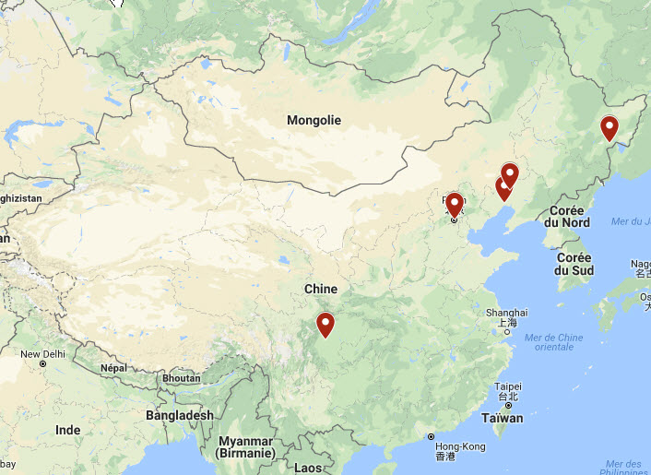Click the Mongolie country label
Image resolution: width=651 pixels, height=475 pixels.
click(314, 121)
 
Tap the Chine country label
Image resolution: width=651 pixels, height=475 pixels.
click(321, 290)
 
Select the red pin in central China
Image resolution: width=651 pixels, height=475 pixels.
click(325, 325)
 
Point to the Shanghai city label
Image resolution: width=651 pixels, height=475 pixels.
click(507, 313)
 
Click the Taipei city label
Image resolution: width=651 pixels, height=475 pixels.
click(508, 386)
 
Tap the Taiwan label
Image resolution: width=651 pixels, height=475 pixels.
click(503, 418)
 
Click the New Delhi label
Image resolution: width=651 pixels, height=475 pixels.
click(43, 354)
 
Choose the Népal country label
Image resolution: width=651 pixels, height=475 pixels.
click(112, 368)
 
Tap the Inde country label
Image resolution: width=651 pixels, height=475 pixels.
click(67, 430)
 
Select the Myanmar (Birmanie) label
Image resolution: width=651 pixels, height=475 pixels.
click(246, 446)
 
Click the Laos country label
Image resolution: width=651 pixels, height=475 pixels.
click(308, 468)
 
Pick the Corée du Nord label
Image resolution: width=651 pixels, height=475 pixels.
click(566, 216)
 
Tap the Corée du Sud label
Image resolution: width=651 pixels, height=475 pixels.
click(574, 264)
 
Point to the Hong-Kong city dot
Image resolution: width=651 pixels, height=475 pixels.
click(431, 436)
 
